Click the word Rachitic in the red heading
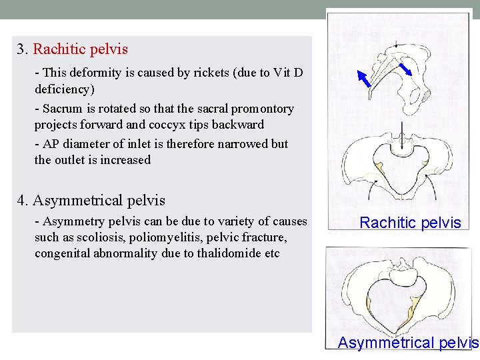(x=58, y=49)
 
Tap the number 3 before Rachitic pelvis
(x=21, y=49)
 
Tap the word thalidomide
(x=228, y=253)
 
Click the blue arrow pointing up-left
(x=363, y=78)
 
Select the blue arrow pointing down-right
(x=404, y=68)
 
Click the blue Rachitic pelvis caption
(x=410, y=223)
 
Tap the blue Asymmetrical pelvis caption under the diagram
(x=408, y=343)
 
